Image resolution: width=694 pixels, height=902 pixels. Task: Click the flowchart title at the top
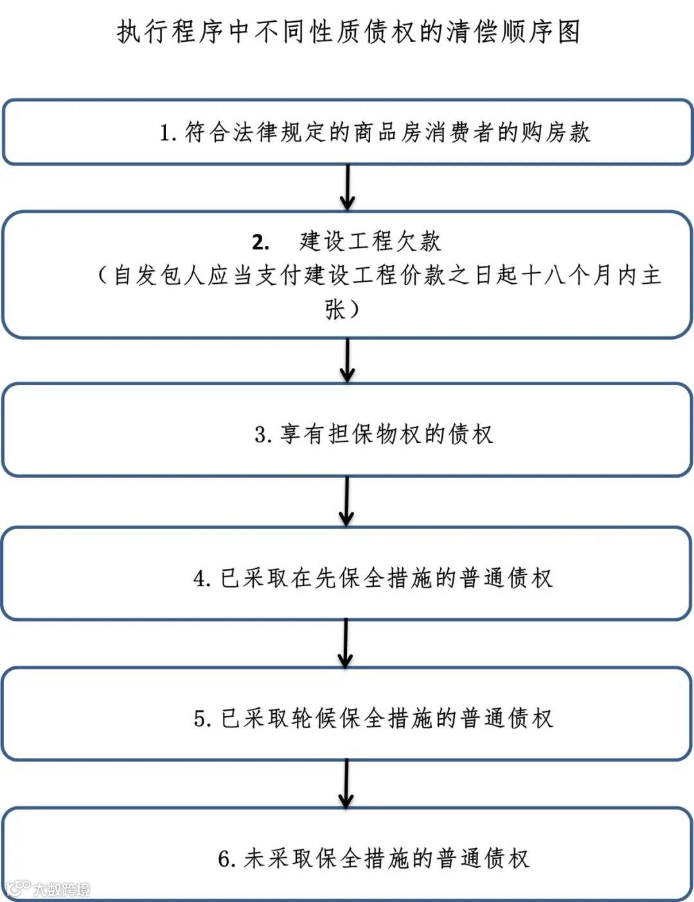point(348,31)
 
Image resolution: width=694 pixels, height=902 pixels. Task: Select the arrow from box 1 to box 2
point(348,187)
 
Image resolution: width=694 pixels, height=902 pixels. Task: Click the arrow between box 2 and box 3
point(347,360)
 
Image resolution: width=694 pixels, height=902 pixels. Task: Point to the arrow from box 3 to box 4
point(346,501)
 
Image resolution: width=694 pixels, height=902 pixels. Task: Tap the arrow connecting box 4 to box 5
point(346,643)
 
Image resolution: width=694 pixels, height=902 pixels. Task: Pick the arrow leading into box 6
point(346,784)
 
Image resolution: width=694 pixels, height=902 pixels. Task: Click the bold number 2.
point(260,243)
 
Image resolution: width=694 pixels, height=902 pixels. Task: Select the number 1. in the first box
point(168,133)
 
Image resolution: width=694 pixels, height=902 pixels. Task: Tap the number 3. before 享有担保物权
point(263,435)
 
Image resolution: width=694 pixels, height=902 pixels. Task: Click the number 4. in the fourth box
point(202,578)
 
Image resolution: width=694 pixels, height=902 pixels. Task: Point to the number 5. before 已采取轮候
point(202,718)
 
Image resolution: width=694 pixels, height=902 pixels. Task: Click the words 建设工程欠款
point(370,241)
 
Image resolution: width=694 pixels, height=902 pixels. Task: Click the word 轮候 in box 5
point(315,718)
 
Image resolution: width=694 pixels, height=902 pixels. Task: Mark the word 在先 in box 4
point(315,578)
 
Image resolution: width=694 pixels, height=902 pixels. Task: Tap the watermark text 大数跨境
point(62,890)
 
